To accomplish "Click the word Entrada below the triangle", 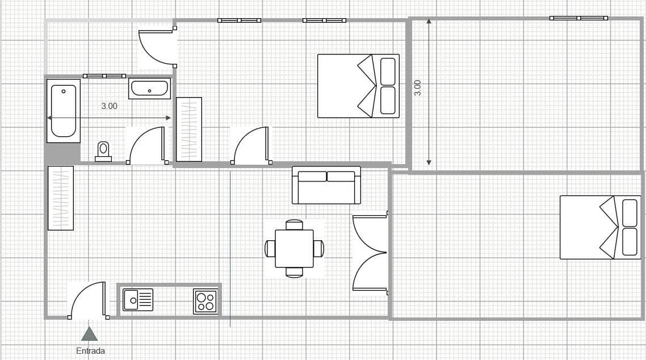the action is (90, 351).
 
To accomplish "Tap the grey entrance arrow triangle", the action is (89, 334).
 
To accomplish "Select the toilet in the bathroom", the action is (103, 152).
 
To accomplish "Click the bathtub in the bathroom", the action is (64, 111).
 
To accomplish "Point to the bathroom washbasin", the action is (149, 89).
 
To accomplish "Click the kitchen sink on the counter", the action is (138, 300).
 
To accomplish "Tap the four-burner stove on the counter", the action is (205, 302).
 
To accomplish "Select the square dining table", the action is (294, 248).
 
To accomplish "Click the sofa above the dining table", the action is (326, 185).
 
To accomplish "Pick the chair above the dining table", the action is (294, 224).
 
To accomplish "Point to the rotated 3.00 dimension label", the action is (417, 88).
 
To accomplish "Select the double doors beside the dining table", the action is (370, 253).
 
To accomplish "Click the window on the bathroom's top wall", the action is (104, 76).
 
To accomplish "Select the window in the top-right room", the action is (578, 18).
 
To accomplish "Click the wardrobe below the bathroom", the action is (61, 198).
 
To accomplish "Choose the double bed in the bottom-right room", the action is (601, 227).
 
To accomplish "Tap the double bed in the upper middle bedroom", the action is (358, 86).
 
